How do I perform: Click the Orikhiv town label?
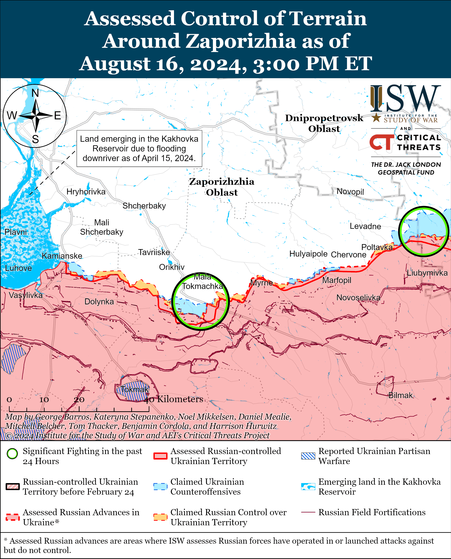click(172, 267)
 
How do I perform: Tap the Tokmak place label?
click(135, 389)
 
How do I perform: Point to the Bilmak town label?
click(400, 395)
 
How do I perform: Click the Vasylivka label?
click(25, 295)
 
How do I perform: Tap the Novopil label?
click(350, 191)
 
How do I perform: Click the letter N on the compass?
click(35, 93)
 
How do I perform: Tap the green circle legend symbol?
click(12, 454)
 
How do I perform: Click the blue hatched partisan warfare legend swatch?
click(308, 456)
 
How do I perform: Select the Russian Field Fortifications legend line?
click(308, 512)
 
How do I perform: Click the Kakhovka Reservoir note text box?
click(139, 148)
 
